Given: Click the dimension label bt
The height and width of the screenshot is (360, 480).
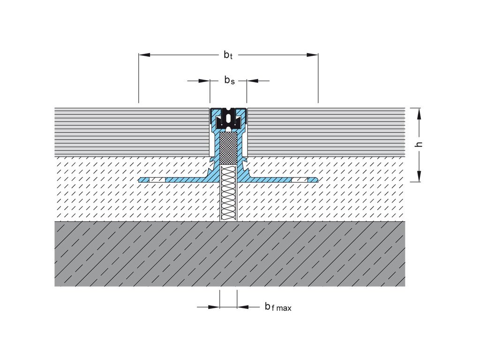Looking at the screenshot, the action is (228, 55).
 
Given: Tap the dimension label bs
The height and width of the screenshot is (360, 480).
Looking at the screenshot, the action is (230, 80).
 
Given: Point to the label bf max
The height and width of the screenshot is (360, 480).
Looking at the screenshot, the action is (278, 307).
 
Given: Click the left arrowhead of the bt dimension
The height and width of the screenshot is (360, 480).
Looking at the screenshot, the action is (144, 55).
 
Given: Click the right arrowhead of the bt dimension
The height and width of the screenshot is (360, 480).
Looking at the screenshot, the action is (313, 55).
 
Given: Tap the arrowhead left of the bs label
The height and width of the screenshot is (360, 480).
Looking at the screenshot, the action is (204, 81).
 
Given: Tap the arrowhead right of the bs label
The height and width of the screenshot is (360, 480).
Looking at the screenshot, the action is (252, 81).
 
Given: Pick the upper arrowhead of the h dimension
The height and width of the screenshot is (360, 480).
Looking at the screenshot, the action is (419, 113).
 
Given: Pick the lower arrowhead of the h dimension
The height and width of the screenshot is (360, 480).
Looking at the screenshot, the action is (419, 176).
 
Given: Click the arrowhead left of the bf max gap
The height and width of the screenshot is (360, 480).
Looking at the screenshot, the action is (214, 307).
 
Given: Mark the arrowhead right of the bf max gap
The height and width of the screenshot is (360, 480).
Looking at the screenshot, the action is (242, 307).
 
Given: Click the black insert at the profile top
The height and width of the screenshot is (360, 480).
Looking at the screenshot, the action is (228, 118).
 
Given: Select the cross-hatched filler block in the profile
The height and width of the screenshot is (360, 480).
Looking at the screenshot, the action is (228, 148).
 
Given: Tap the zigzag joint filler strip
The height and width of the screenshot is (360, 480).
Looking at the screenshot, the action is (229, 193).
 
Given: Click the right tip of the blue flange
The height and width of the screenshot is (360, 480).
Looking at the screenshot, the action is (317, 180).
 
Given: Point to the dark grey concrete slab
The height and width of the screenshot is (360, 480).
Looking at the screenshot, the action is (230, 254).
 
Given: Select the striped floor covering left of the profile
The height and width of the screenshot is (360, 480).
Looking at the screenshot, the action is (132, 132).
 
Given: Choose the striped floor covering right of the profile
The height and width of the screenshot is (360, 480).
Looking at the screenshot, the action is (326, 132).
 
